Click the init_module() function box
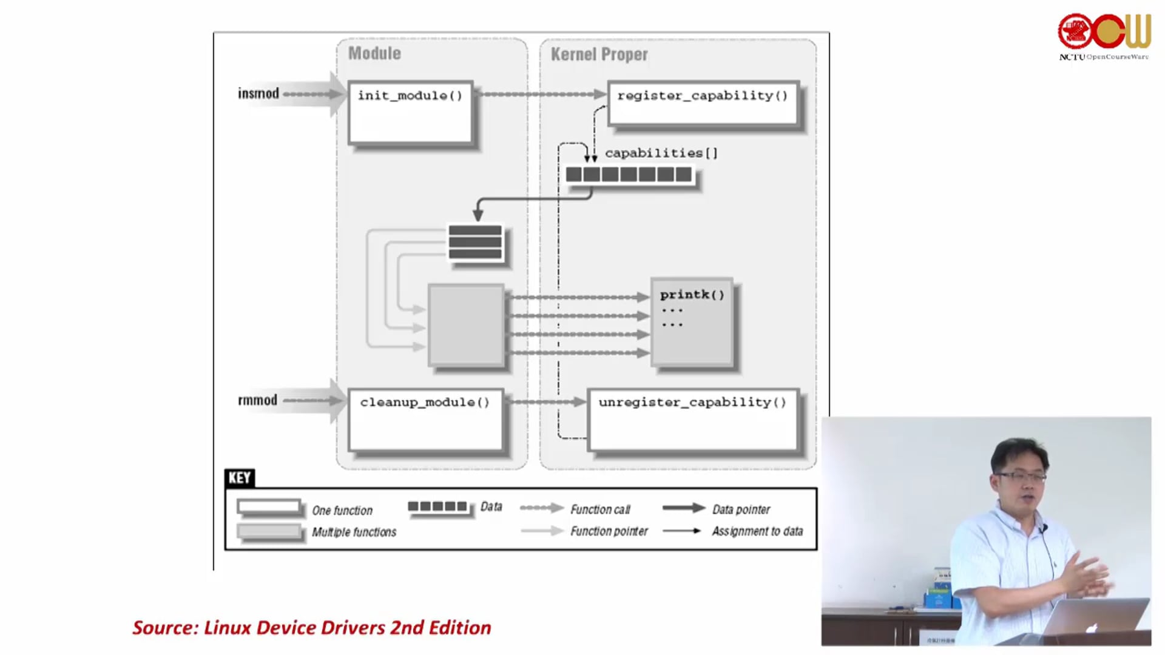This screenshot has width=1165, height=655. pyautogui.click(x=410, y=113)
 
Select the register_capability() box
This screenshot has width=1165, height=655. pyautogui.click(x=703, y=103)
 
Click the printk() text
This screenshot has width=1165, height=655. pyautogui.click(x=692, y=295)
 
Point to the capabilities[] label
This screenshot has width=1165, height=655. pyautogui.click(x=661, y=153)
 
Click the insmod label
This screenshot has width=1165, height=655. pyautogui.click(x=258, y=93)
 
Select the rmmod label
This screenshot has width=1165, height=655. pyautogui.click(x=258, y=400)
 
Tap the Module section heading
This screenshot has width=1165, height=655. pyautogui.click(x=374, y=53)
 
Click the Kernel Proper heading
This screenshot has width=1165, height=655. pyautogui.click(x=599, y=55)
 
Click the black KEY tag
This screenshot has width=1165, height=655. pyautogui.click(x=240, y=478)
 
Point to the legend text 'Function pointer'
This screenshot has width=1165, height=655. pyautogui.click(x=609, y=531)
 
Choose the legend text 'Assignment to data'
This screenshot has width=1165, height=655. pyautogui.click(x=757, y=531)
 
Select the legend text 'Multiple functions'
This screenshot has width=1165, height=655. pyautogui.click(x=354, y=532)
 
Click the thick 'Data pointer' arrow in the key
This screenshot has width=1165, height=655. pyautogui.click(x=683, y=508)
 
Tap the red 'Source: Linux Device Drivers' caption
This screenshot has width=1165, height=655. pyautogui.click(x=311, y=628)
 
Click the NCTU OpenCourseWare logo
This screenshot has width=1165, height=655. pyautogui.click(x=1104, y=36)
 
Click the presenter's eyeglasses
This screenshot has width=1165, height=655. pyautogui.click(x=1021, y=477)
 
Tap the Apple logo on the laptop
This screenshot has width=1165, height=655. pyautogui.click(x=1092, y=627)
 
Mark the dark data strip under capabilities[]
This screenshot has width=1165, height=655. pyautogui.click(x=629, y=175)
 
